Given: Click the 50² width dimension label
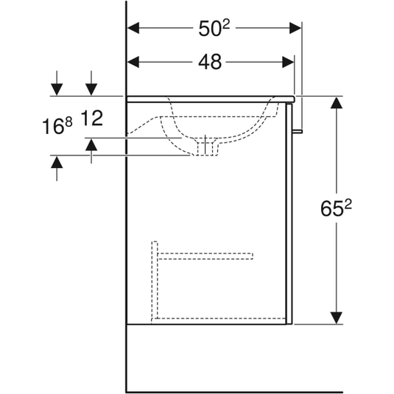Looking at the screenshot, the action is click(x=214, y=28).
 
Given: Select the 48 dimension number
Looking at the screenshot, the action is click(x=210, y=62).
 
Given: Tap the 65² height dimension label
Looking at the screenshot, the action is click(x=337, y=208).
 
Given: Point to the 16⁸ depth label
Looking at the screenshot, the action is click(x=57, y=126).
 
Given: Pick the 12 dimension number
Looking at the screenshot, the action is click(x=92, y=118).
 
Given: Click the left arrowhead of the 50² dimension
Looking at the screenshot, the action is click(x=133, y=28).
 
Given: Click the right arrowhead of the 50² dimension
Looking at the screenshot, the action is click(x=295, y=28).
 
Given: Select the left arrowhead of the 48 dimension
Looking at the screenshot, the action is click(x=133, y=62).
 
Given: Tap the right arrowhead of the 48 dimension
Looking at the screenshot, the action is click(x=288, y=62).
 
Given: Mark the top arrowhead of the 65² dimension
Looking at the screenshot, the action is click(x=337, y=102).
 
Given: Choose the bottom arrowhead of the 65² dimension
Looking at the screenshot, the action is click(x=337, y=318).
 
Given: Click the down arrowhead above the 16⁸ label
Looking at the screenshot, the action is click(x=57, y=90).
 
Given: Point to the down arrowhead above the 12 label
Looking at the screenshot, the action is click(x=91, y=90).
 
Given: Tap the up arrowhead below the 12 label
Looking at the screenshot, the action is click(x=91, y=144).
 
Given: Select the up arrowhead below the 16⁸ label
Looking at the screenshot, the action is click(x=57, y=162).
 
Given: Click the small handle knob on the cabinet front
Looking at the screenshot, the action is click(x=298, y=131).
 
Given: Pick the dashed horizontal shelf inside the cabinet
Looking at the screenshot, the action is click(x=205, y=256).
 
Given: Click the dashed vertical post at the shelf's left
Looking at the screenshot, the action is click(x=155, y=280).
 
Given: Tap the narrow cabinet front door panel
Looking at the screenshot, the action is click(x=289, y=214).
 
